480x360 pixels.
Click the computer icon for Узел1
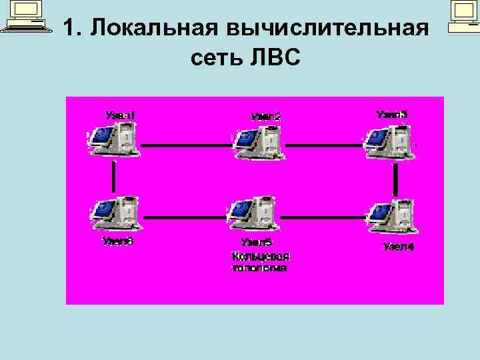click(113, 141)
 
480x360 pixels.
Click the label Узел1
click(121, 115)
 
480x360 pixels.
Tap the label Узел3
click(391, 115)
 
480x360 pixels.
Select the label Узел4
click(398, 247)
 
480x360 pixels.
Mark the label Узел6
click(118, 241)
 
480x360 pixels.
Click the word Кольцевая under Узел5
click(260, 256)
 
